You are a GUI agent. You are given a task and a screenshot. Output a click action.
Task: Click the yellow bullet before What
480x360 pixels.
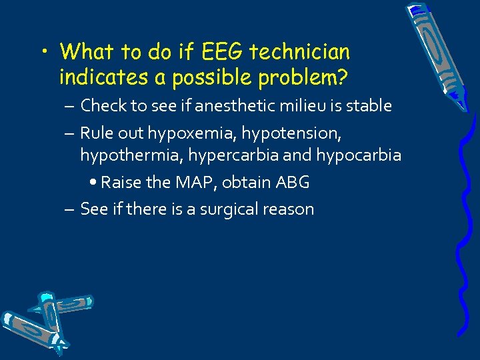coord(45,52)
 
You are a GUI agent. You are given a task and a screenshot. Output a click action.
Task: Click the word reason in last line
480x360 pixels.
coord(289,209)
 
